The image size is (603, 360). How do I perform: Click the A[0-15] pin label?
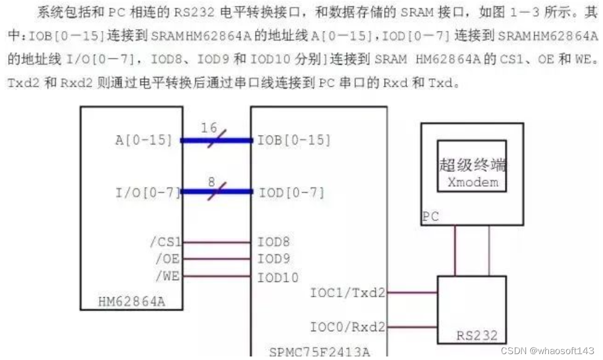click(143, 140)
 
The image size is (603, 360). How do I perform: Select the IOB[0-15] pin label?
click(294, 140)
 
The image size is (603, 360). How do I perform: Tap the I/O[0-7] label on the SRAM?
click(148, 192)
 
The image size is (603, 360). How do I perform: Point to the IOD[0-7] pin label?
click(291, 192)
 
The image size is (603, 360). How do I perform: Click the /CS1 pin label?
click(166, 241)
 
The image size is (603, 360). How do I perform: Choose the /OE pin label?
click(167, 258)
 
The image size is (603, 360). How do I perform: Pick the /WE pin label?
click(167, 276)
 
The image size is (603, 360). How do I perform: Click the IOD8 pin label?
click(273, 241)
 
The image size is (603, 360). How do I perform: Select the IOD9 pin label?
click(273, 258)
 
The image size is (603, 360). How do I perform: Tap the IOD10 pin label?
click(277, 277)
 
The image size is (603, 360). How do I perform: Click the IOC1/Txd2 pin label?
click(348, 292)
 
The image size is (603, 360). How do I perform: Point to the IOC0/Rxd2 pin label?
click(348, 326)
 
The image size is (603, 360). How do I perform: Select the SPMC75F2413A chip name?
click(319, 352)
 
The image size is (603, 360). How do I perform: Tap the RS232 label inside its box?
click(477, 336)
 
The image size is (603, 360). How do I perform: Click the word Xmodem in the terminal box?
click(473, 181)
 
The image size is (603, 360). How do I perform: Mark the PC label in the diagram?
click(430, 217)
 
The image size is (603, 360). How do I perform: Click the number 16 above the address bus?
click(209, 127)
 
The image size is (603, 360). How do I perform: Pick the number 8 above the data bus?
click(211, 181)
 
